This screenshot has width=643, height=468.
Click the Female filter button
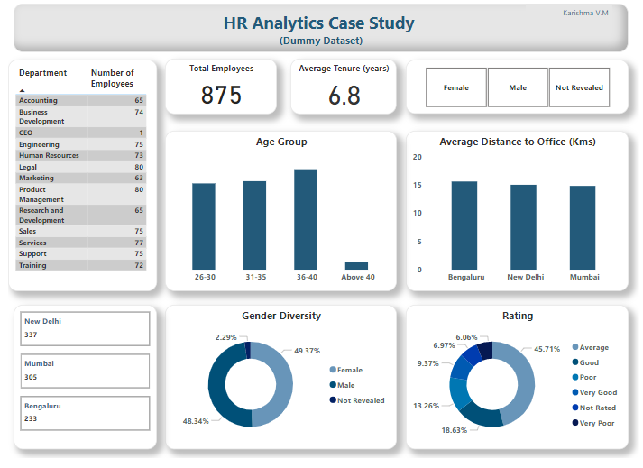click(x=455, y=88)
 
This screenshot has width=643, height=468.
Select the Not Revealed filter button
click(x=579, y=88)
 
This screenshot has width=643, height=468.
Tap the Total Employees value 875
click(x=221, y=96)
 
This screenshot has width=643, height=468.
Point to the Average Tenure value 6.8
click(x=344, y=96)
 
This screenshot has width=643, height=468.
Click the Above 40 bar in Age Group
click(x=356, y=265)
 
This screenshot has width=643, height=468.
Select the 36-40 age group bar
click(x=306, y=218)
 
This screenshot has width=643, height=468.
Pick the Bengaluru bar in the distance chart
click(x=464, y=225)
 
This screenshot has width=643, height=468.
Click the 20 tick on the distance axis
click(x=417, y=157)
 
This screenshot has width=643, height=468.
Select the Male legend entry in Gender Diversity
click(x=348, y=385)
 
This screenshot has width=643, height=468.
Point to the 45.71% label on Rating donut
click(x=549, y=348)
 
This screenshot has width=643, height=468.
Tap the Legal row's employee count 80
click(x=139, y=167)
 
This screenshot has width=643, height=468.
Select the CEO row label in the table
click(x=26, y=133)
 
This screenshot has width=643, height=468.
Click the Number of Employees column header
click(x=112, y=78)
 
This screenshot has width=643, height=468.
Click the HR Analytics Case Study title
click(x=319, y=23)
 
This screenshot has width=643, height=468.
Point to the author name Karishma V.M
click(x=585, y=14)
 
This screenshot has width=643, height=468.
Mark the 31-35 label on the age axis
click(x=254, y=277)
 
